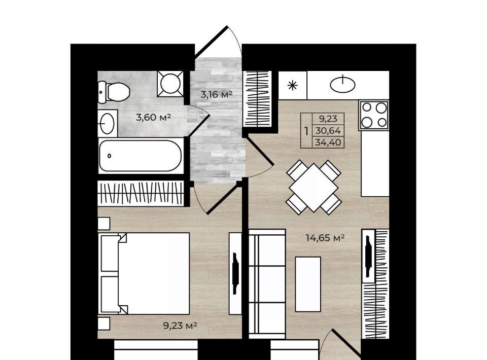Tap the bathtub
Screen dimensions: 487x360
[141, 156]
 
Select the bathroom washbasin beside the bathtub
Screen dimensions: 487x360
[108, 123]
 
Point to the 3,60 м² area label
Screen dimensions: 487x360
[153, 117]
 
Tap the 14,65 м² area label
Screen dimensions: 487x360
[325, 238]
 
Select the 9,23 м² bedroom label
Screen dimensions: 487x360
[180, 326]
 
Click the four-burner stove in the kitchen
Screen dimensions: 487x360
[374, 115]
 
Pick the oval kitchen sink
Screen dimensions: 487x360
[342, 84]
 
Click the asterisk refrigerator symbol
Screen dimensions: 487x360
[293, 85]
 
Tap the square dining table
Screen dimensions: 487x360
[314, 188]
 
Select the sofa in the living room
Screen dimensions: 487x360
[267, 283]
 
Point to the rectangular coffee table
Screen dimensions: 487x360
[308, 284]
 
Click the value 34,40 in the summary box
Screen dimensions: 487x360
[328, 142]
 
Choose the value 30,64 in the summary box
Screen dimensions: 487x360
[328, 131]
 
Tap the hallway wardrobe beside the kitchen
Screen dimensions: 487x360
[257, 99]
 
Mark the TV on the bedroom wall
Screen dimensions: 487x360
[235, 273]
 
